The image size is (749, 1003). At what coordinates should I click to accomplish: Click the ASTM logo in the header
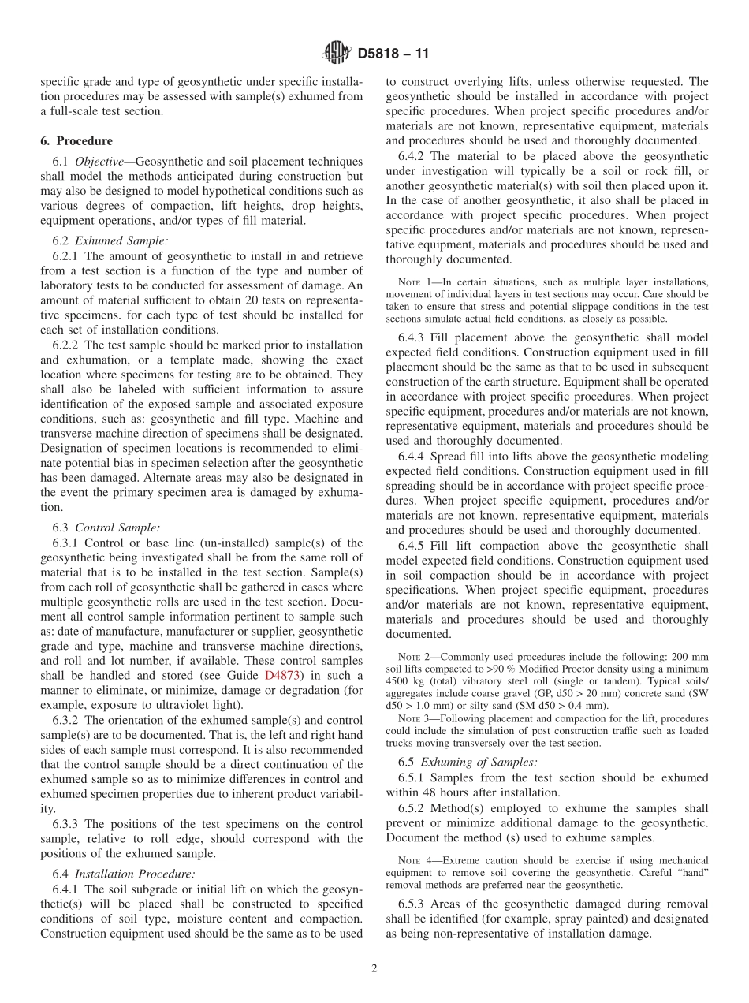(x=337, y=54)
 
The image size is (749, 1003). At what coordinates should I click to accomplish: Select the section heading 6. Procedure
(x=76, y=141)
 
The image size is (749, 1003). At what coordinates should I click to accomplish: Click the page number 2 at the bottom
(x=374, y=968)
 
